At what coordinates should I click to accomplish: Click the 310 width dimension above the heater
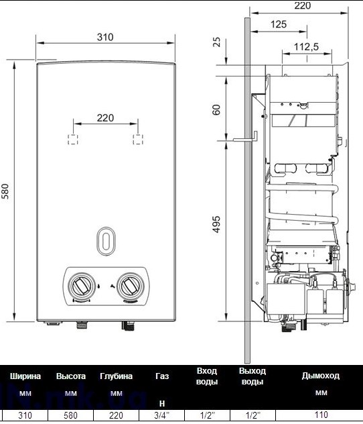coord(105,37)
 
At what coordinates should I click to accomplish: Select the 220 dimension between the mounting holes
coord(105,117)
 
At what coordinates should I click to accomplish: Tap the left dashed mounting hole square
coord(72,140)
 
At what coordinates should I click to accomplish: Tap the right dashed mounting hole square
coord(138,140)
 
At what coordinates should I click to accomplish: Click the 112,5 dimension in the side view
coord(305,46)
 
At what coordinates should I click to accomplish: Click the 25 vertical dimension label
coord(216,42)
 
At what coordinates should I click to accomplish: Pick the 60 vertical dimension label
coord(216,109)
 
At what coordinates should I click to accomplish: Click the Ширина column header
coord(25,376)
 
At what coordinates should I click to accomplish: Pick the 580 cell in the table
coord(70,416)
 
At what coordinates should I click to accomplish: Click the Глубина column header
coord(116,376)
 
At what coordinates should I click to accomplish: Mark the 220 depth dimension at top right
coord(303,6)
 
